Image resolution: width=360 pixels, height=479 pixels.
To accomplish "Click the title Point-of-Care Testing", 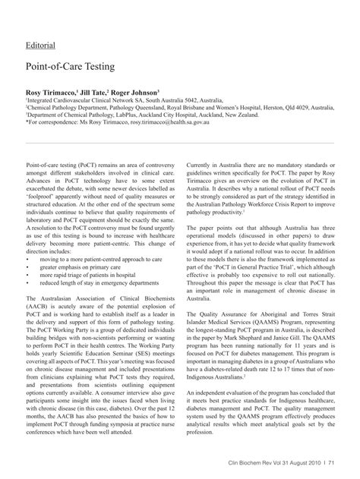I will tap(71, 66).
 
